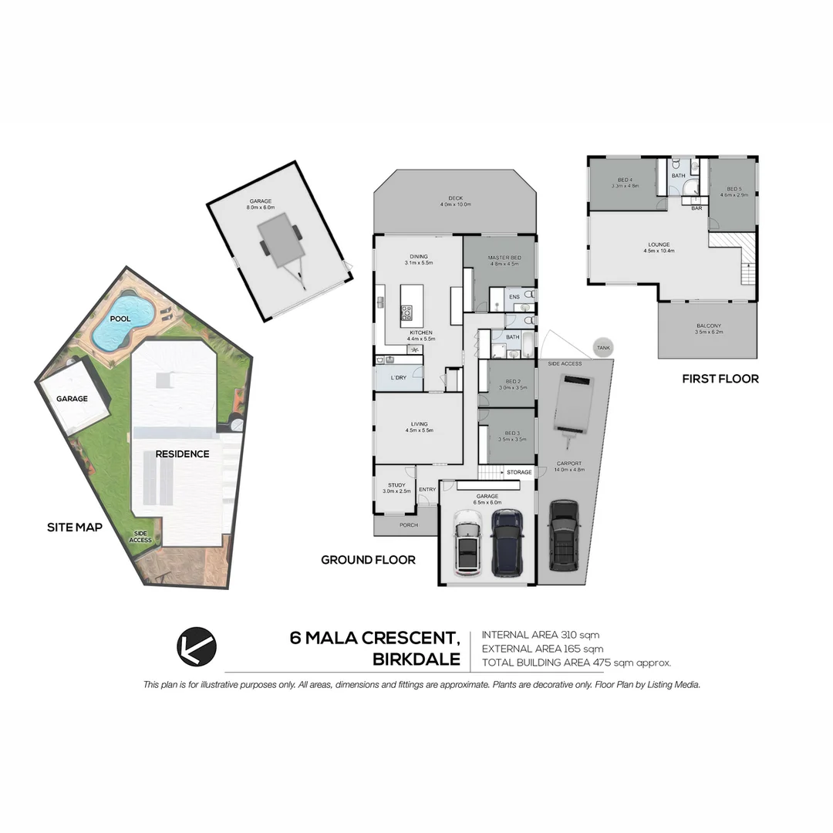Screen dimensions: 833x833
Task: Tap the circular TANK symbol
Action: click(602, 348)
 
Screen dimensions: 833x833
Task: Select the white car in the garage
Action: click(467, 541)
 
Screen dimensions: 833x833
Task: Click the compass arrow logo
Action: click(197, 646)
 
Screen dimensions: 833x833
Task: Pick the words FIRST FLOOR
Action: click(720, 379)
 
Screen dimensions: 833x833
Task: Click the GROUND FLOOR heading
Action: click(368, 560)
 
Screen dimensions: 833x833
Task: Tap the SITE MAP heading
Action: click(75, 528)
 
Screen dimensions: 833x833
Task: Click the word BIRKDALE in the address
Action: click(416, 660)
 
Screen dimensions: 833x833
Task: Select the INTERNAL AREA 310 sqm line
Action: click(540, 635)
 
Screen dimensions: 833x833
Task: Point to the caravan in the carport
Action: click(572, 406)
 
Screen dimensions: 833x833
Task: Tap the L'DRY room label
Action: click(398, 377)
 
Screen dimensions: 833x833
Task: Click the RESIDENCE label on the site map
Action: click(182, 454)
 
